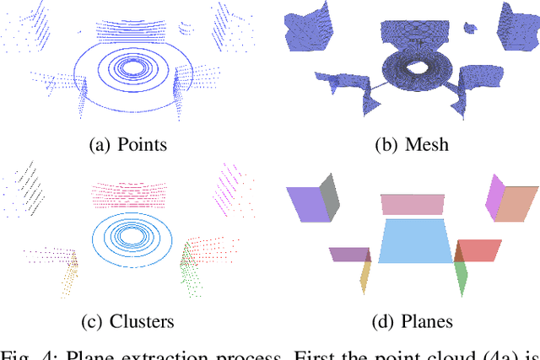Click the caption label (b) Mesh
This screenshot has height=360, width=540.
(411, 144)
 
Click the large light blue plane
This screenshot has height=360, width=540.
(413, 242)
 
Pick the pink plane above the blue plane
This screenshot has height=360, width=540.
(412, 205)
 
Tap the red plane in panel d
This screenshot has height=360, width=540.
(479, 250)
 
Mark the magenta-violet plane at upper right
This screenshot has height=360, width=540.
(494, 194)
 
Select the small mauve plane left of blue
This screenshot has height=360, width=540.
(348, 254)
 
